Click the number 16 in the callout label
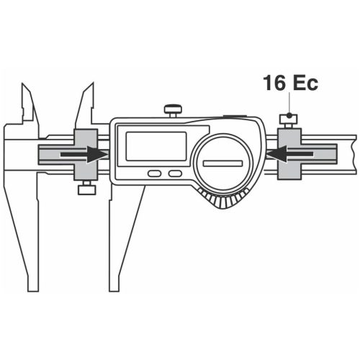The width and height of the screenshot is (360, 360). (x=274, y=83)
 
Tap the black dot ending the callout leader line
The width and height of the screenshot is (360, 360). (x=289, y=116)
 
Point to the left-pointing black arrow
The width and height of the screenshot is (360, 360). (x=289, y=154)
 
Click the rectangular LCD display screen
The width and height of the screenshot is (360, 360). (x=156, y=146)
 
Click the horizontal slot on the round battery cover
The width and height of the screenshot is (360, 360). (x=222, y=163)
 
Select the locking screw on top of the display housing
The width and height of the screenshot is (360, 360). (x=173, y=110)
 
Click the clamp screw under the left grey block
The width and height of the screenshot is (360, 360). (x=87, y=188)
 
